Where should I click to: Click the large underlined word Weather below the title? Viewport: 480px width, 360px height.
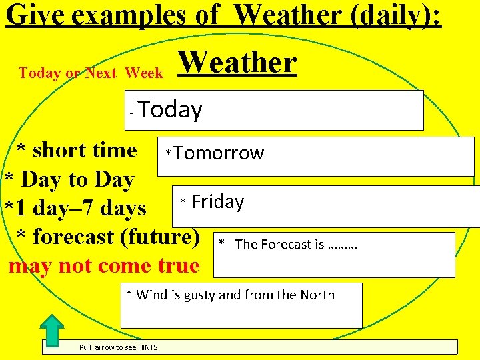click(237, 63)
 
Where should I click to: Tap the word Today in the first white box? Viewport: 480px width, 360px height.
click(171, 109)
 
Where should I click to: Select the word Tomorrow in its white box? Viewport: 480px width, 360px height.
click(219, 154)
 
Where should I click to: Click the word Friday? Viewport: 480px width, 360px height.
click(218, 202)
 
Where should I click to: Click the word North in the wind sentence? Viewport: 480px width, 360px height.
click(315, 295)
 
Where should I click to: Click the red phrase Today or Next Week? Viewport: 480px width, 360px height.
click(91, 73)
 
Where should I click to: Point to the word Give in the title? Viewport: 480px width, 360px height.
click(34, 14)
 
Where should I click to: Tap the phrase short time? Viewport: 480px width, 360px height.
click(84, 150)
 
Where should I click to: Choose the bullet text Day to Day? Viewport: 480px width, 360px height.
click(78, 179)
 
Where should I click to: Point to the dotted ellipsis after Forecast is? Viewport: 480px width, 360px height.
click(343, 245)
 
